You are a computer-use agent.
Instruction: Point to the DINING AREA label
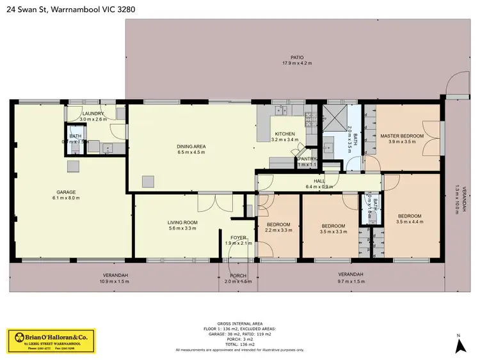pyautogui.click(x=191, y=146)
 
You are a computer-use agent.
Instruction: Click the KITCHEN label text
pyautogui.click(x=285, y=134)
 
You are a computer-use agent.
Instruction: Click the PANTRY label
pyautogui.click(x=308, y=159)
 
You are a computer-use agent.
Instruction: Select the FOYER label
pyautogui.click(x=239, y=237)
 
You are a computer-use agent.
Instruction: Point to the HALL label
pyautogui.click(x=319, y=181)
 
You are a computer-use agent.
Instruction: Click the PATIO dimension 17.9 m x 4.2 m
pyautogui.click(x=296, y=63)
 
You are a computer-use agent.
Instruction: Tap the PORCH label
pyautogui.click(x=238, y=276)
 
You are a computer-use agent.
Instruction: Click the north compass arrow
pyautogui.click(x=459, y=345)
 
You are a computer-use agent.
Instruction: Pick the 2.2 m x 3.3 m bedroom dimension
pyautogui.click(x=278, y=230)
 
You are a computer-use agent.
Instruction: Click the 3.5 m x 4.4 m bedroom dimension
pyautogui.click(x=410, y=222)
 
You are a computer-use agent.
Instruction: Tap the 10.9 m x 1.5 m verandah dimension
pyautogui.click(x=115, y=281)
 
